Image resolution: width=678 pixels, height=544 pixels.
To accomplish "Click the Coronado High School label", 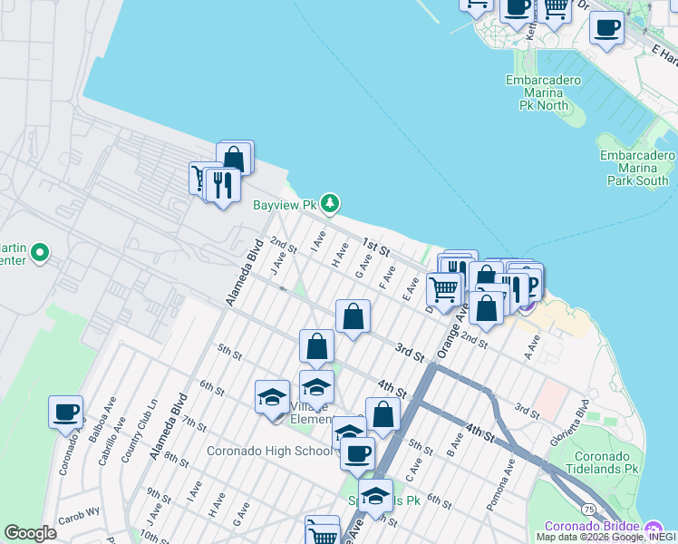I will click(x=269, y=451).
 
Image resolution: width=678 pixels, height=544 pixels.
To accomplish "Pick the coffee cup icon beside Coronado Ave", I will click(x=66, y=413).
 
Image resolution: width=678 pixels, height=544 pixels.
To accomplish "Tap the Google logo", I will click(x=30, y=532).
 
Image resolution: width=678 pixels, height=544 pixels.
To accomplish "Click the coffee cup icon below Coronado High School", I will click(x=358, y=452).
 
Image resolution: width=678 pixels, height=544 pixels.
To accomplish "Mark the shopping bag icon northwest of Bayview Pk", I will click(x=235, y=158).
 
